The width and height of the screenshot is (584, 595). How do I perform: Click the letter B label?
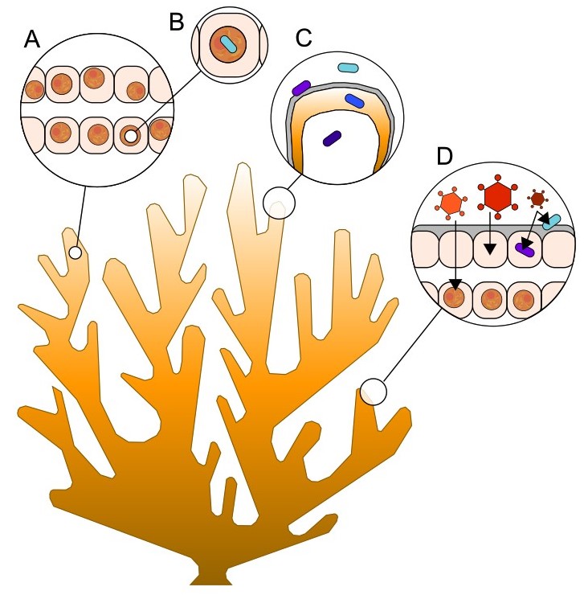pyautogui.click(x=177, y=23)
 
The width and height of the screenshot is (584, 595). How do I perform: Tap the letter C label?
pyautogui.click(x=304, y=39)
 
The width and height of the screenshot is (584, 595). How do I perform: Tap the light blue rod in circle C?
pyautogui.click(x=349, y=70)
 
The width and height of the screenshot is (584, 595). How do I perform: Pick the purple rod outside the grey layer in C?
pyautogui.click(x=302, y=88)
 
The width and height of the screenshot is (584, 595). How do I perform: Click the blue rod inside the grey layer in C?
pyautogui.click(x=355, y=100)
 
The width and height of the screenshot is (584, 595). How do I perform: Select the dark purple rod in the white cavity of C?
pyautogui.click(x=331, y=138)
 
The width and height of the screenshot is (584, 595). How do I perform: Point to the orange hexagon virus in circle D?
pyautogui.click(x=453, y=203)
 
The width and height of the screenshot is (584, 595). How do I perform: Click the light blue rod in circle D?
pyautogui.click(x=552, y=223)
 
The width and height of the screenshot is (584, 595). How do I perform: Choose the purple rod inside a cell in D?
pyautogui.click(x=525, y=250)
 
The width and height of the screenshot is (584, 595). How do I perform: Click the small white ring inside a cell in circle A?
pyautogui.click(x=129, y=136)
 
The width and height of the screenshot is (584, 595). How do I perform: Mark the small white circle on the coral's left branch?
pyautogui.click(x=75, y=252)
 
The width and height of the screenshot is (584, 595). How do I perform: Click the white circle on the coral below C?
pyautogui.click(x=279, y=203)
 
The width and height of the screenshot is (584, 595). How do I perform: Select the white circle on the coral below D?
pyautogui.click(x=373, y=392)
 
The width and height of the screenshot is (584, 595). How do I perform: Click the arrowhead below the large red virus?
pyautogui.click(x=489, y=247)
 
